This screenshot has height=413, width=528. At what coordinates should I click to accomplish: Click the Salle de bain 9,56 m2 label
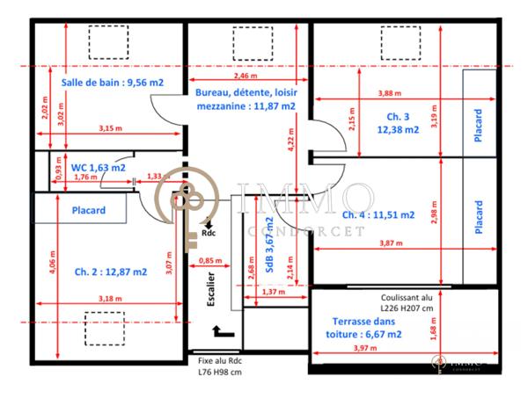click(112, 83)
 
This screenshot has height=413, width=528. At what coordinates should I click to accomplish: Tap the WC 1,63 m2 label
click(98, 166)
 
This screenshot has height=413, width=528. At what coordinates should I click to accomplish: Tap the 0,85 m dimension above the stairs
click(210, 260)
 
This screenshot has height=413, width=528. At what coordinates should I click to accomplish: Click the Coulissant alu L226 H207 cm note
click(407, 303)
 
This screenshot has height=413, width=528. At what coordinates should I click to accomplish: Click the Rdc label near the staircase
click(209, 234)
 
